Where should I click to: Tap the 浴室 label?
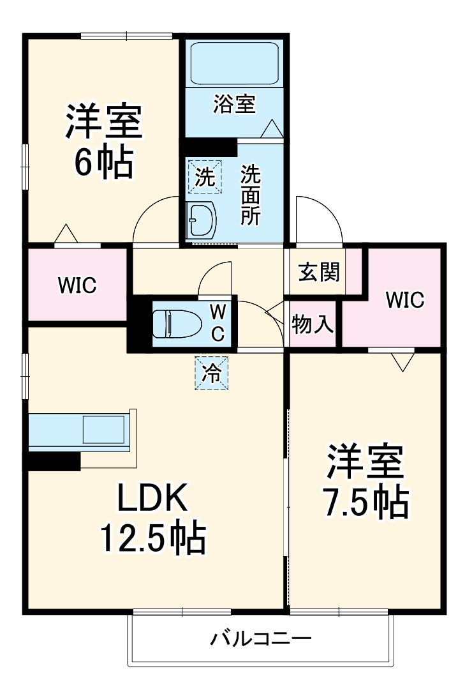(x=234, y=104)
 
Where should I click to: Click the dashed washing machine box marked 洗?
(x=205, y=176)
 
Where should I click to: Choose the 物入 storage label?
(x=313, y=324)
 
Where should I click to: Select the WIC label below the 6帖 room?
(x=78, y=285)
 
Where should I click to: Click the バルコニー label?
(x=261, y=639)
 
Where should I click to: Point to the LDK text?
(x=152, y=500)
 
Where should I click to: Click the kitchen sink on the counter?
(x=104, y=429)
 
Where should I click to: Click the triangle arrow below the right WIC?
(x=403, y=362)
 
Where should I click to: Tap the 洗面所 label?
(x=251, y=195)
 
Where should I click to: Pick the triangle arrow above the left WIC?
(x=66, y=234)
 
